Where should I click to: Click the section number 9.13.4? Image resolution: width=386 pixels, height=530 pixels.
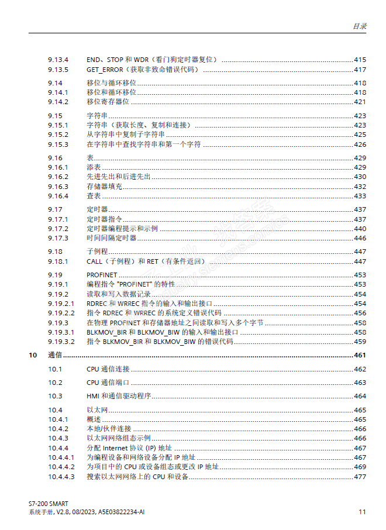pyautogui.click(x=58, y=60)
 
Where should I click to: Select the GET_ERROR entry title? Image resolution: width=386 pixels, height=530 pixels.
pyautogui.click(x=105, y=70)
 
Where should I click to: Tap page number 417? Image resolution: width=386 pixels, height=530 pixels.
pyautogui.click(x=360, y=70)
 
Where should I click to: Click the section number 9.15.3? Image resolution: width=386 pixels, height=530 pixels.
pyautogui.click(x=58, y=144)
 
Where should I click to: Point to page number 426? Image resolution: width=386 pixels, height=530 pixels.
pyautogui.click(x=360, y=144)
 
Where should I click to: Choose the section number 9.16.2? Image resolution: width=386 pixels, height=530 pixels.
pyautogui.click(x=58, y=177)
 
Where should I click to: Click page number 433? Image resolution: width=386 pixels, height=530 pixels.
pyautogui.click(x=360, y=195)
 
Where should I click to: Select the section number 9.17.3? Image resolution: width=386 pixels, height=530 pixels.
pyautogui.click(x=58, y=238)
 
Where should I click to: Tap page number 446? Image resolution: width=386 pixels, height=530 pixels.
pyautogui.click(x=360, y=238)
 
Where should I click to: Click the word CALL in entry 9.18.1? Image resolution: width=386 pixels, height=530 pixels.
pyautogui.click(x=94, y=261)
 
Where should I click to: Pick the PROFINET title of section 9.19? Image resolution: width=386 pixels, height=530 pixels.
pyautogui.click(x=102, y=274)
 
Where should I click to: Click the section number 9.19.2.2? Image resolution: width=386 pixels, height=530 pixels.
pyautogui.click(x=61, y=313)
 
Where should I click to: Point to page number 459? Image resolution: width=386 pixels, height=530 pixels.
pyautogui.click(x=360, y=341)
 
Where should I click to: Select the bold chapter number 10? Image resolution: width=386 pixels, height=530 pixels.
pyautogui.click(x=33, y=355)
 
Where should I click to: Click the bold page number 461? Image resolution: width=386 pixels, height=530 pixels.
pyautogui.click(x=360, y=355)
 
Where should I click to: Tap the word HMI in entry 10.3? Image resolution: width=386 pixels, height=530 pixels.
pyautogui.click(x=93, y=396)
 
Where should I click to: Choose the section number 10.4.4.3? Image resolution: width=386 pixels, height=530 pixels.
pyautogui.click(x=61, y=476)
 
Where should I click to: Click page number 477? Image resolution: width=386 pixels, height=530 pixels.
pyautogui.click(x=360, y=476)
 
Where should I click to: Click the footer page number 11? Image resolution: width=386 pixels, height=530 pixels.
pyautogui.click(x=362, y=512)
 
